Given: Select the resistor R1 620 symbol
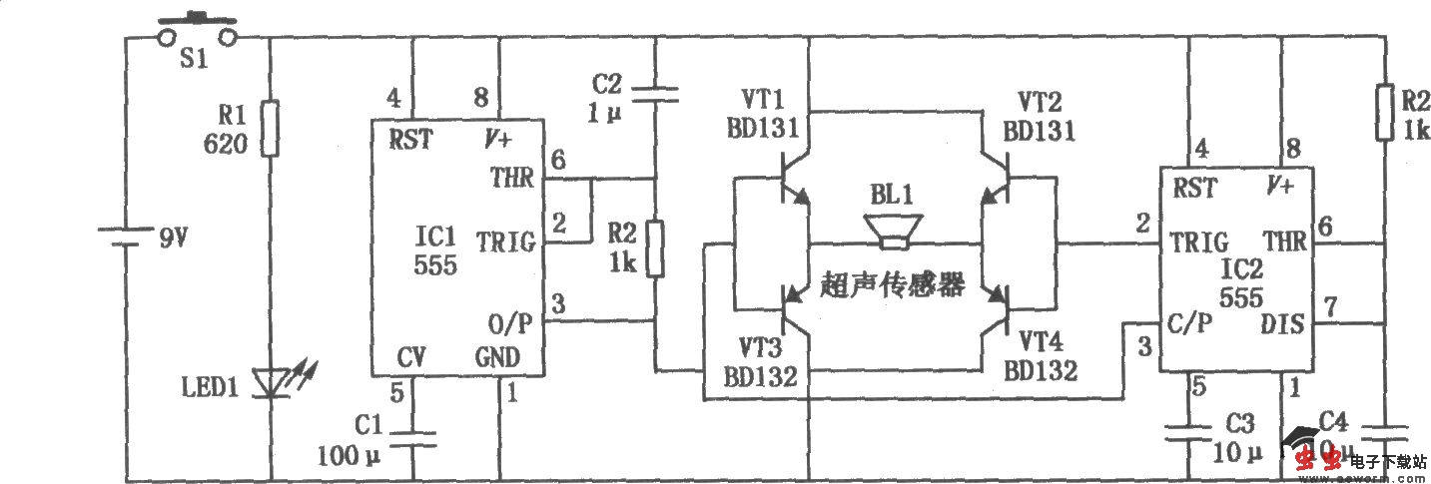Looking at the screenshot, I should pyautogui.click(x=270, y=127).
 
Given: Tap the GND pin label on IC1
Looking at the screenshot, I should pyautogui.click(x=495, y=357).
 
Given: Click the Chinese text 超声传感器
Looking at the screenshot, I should pyautogui.click(x=893, y=286).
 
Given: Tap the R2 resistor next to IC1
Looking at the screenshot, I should pyautogui.click(x=655, y=248).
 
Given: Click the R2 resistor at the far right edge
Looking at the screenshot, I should pyautogui.click(x=1385, y=113).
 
